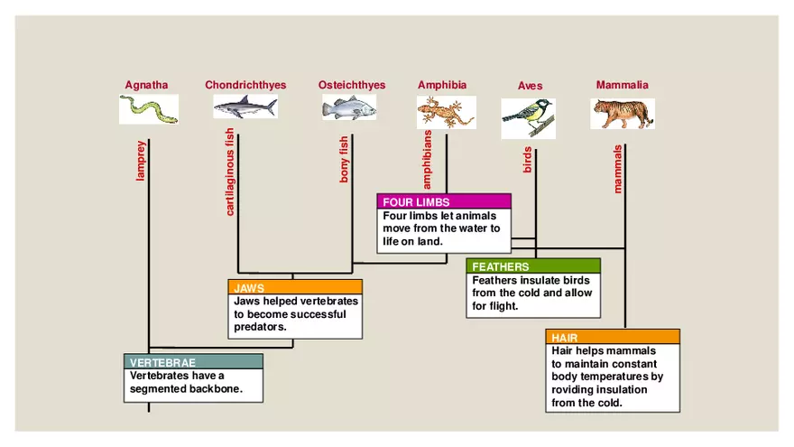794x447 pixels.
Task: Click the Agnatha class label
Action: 146,86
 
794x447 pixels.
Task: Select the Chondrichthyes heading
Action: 245,86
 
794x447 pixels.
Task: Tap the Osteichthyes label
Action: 351,86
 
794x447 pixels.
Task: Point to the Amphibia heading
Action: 442,86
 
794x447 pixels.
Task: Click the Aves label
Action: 531,87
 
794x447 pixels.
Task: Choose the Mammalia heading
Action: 622,86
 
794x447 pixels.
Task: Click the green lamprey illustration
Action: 149,109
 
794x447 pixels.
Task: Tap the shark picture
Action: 245,107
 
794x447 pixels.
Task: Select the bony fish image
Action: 349,108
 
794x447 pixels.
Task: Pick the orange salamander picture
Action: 446,112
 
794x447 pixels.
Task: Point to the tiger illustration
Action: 623,114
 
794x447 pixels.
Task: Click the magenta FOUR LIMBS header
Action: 444,202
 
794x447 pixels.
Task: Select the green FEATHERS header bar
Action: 532,267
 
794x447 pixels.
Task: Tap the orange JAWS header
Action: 295,288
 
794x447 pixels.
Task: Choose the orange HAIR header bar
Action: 612,338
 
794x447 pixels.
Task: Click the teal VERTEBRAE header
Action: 193,362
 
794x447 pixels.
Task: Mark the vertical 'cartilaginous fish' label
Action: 230,172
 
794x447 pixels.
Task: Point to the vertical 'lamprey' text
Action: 141,161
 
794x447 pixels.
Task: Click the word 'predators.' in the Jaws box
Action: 261,328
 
